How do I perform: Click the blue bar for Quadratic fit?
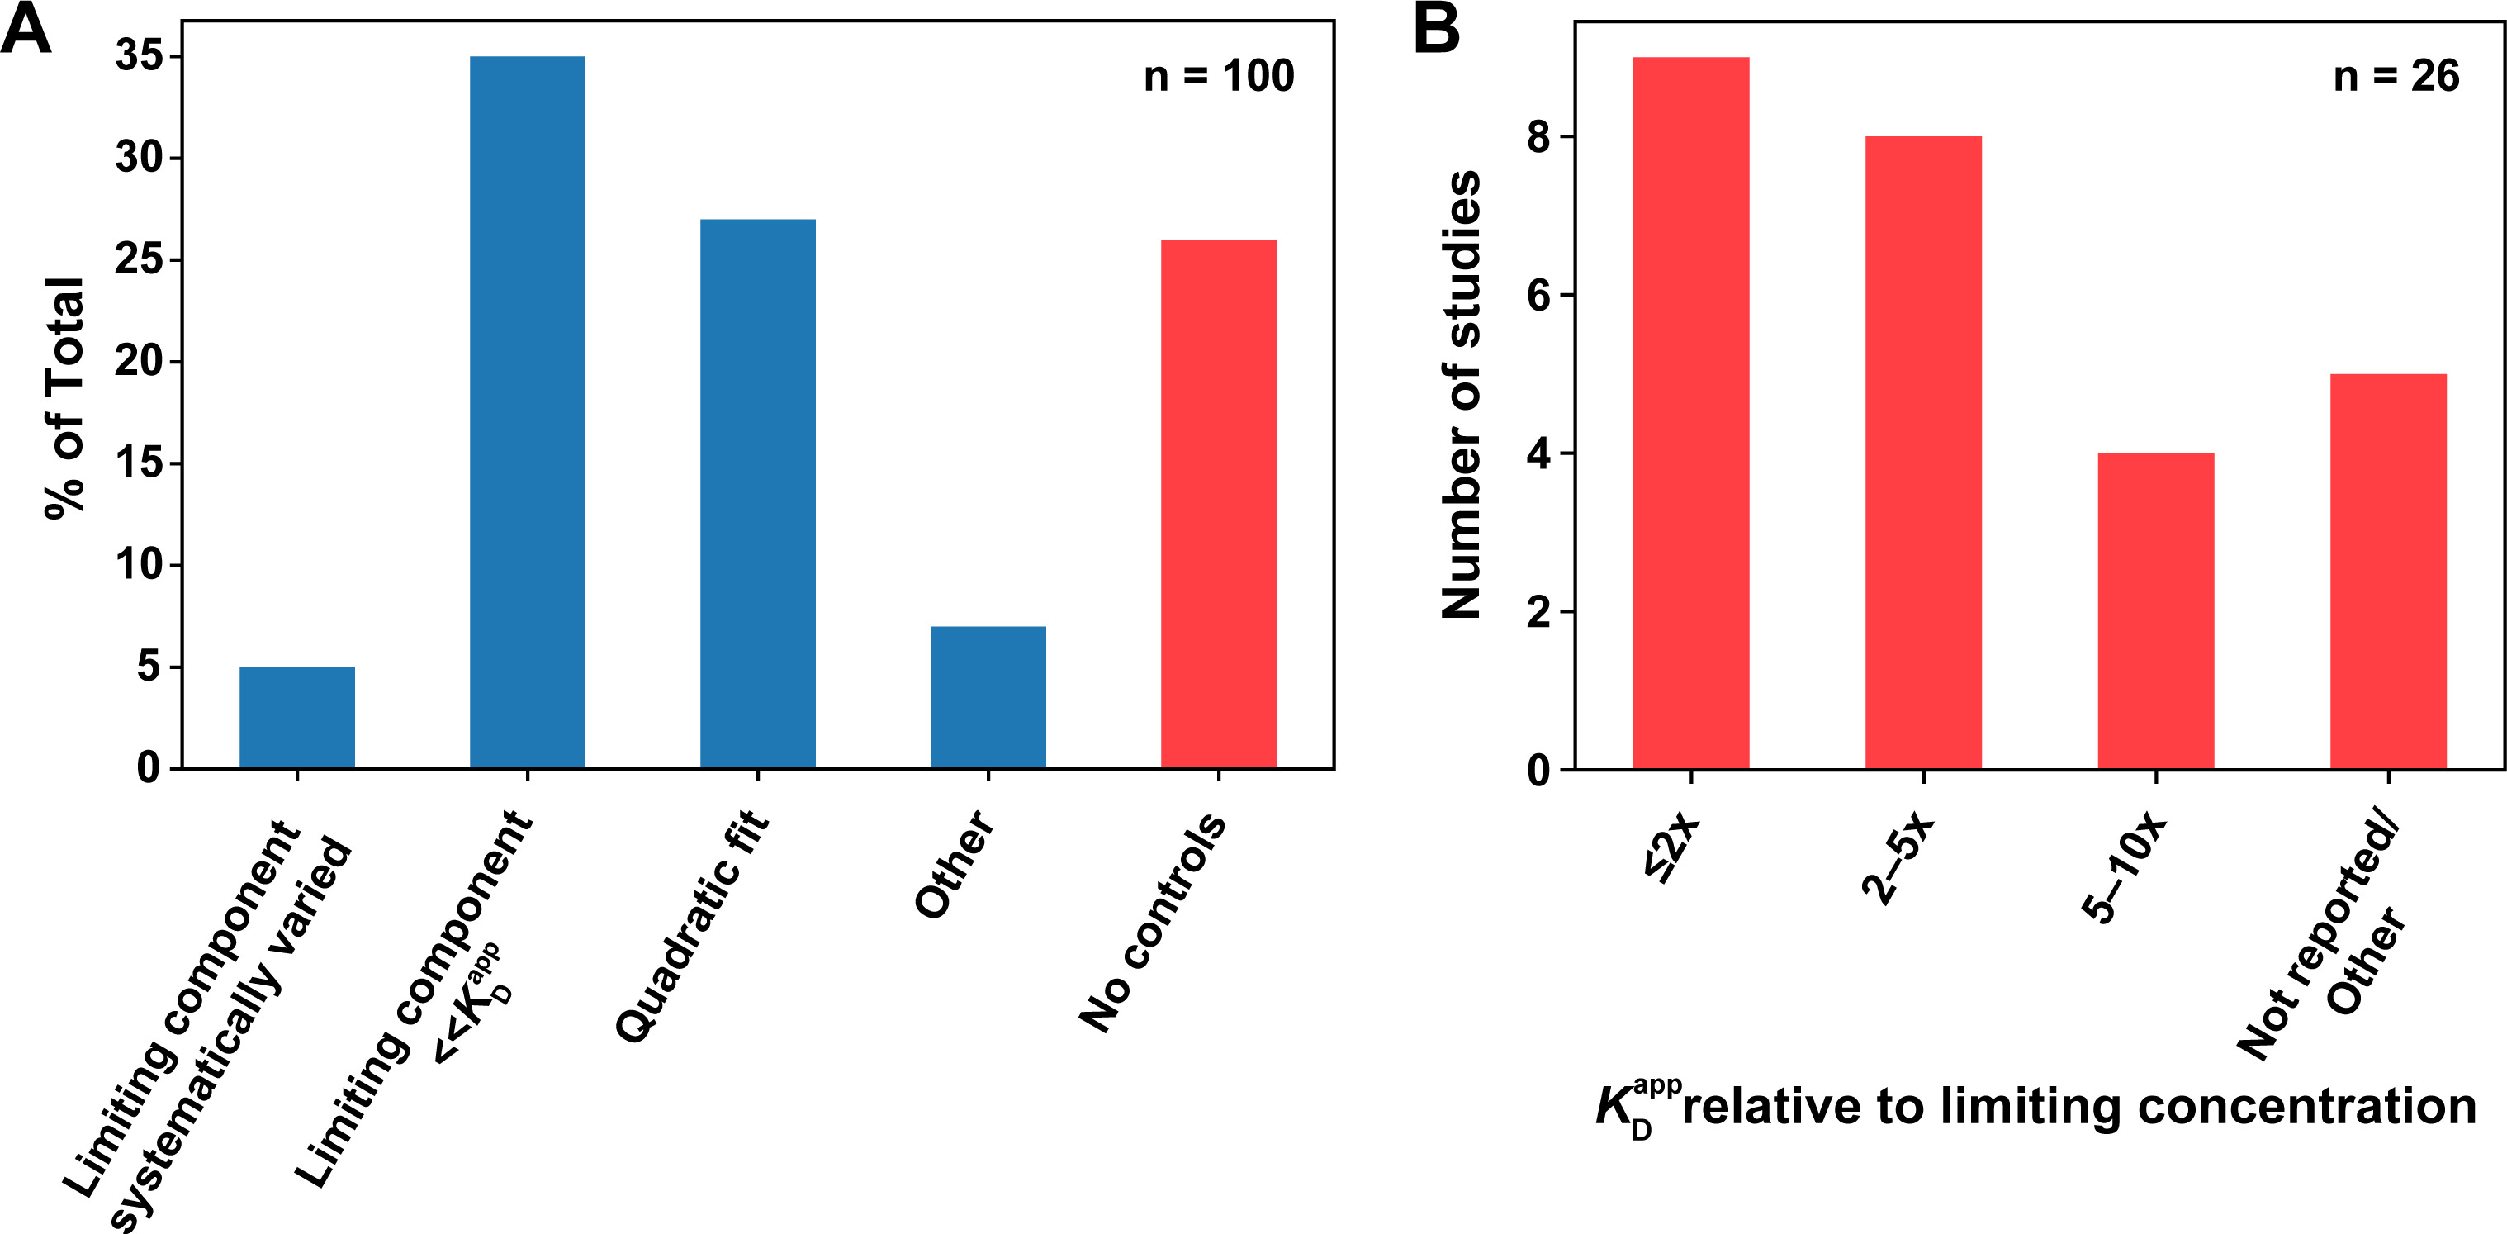[758, 495]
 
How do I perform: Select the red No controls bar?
[1219, 504]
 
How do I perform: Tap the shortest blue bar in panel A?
[296, 719]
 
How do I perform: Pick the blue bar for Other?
[988, 698]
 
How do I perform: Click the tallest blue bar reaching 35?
[528, 413]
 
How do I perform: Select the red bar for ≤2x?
[1690, 414]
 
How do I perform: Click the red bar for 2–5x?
[1923, 453]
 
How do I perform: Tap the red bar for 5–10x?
[2156, 611]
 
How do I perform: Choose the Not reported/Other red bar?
[2387, 572]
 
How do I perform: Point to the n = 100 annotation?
[1219, 76]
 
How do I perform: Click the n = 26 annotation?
[2396, 76]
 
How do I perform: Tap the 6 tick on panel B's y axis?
[1538, 295]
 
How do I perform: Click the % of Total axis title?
[66, 399]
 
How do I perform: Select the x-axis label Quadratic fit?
[693, 927]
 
